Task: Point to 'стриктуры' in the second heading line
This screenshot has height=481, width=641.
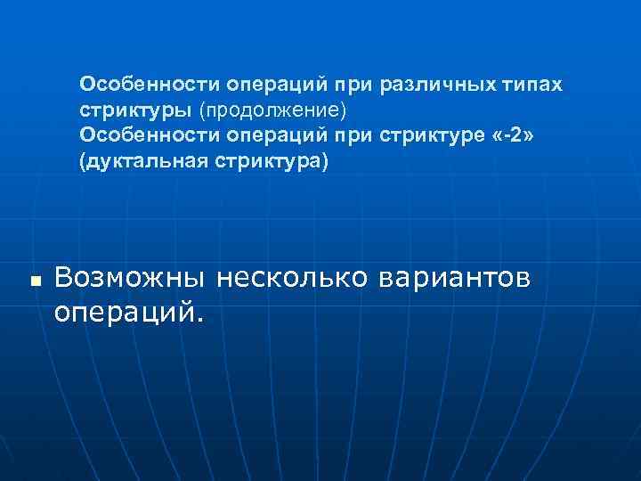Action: click(134, 110)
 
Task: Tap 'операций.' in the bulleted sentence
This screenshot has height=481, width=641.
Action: click(128, 313)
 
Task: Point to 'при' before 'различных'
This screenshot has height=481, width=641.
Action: click(353, 84)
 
